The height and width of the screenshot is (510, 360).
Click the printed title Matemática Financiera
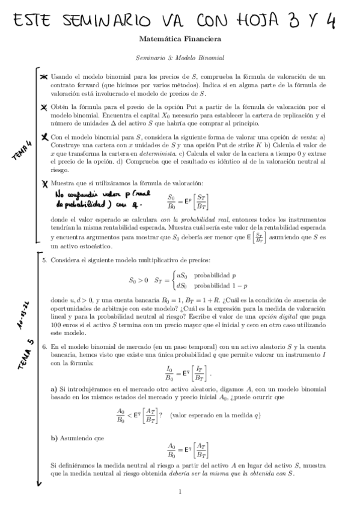coord(180,40)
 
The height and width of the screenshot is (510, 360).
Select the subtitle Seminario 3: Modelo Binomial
coord(180,58)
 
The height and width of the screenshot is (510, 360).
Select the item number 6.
coord(44,347)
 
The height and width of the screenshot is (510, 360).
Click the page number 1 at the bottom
coord(180,491)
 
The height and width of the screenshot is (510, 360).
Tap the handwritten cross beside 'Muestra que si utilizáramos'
coord(44,183)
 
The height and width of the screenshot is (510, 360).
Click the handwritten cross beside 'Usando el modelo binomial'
coord(44,77)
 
